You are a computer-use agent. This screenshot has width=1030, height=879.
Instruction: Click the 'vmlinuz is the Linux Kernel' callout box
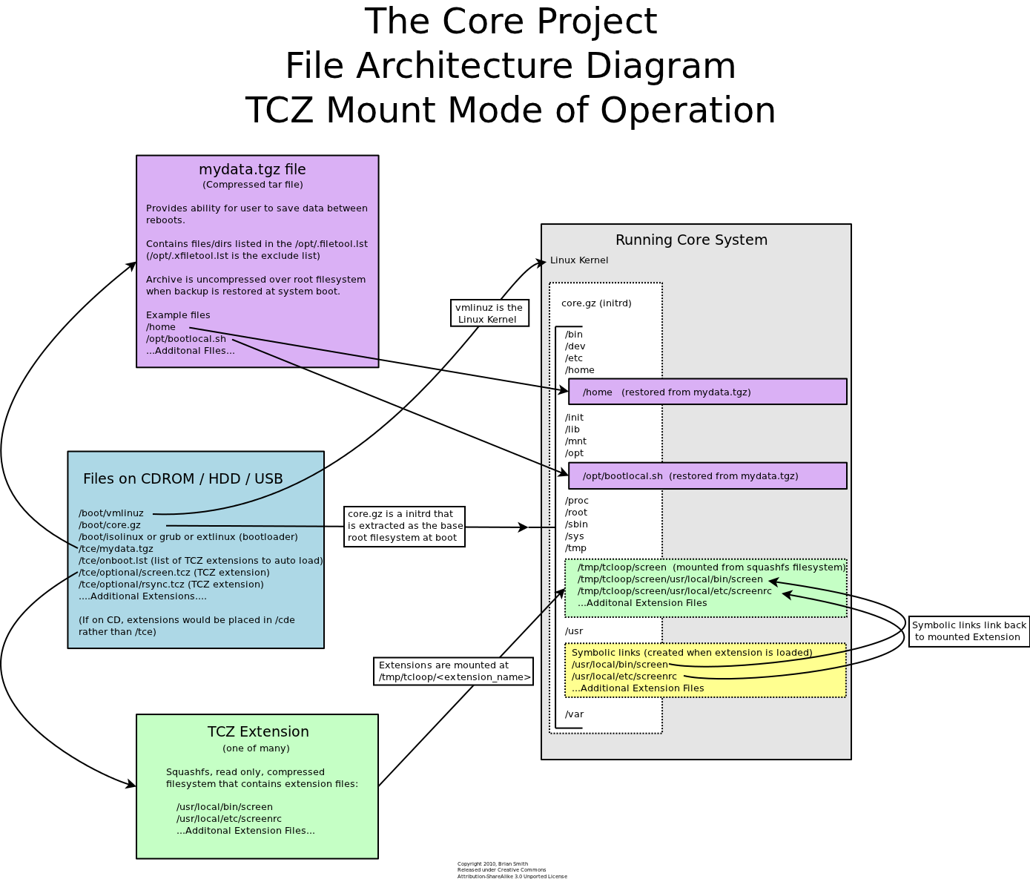pos(489,313)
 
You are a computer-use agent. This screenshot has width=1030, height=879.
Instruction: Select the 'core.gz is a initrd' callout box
pos(404,526)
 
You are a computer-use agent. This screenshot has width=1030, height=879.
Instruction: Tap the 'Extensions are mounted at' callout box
pos(453,671)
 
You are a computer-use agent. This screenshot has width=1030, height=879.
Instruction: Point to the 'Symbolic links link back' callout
pos(968,631)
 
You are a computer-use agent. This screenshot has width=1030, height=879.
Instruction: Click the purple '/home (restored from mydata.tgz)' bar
pos(707,392)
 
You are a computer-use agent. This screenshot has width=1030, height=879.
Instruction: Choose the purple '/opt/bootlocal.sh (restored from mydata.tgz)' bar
pos(707,476)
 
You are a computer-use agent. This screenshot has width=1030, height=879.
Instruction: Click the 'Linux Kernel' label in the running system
pos(579,260)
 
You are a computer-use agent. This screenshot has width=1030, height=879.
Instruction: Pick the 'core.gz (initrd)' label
pos(596,303)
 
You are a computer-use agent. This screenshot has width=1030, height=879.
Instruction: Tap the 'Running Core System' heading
pos(691,240)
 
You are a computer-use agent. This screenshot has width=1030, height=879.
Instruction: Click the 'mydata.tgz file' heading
pos(252,170)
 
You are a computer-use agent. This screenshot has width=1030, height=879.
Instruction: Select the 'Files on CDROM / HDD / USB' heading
pos(183,479)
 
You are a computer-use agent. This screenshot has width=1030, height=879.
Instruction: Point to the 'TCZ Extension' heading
pos(258,732)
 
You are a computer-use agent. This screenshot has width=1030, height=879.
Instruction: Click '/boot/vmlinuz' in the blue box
pos(111,513)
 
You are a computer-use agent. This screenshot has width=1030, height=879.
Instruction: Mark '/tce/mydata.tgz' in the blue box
pos(116,549)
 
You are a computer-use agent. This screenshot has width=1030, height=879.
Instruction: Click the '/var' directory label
pos(574,714)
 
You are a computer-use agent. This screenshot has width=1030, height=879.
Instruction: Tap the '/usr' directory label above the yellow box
pos(574,631)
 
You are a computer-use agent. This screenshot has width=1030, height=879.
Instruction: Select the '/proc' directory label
pos(576,501)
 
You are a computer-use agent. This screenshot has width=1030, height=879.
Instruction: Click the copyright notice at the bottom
pos(512,870)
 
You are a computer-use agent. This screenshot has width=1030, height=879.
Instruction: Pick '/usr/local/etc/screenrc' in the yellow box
pos(624,676)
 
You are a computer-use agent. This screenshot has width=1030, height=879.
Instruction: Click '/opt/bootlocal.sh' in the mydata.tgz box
pos(186,339)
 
